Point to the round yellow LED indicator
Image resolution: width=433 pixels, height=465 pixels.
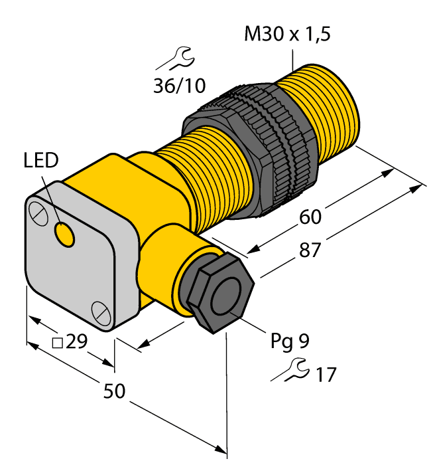tap(65, 234)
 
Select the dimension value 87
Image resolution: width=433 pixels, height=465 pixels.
tap(307, 250)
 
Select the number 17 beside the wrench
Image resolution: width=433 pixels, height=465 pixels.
tap(325, 375)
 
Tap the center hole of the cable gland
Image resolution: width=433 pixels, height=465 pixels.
tap(225, 300)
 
